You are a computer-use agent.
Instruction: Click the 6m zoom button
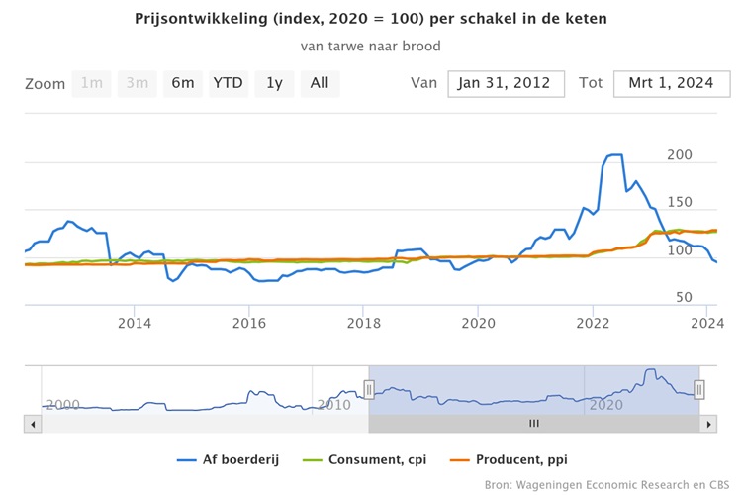pyautogui.click(x=183, y=83)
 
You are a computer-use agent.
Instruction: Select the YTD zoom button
pyautogui.click(x=229, y=83)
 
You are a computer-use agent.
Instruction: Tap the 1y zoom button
pyautogui.click(x=274, y=83)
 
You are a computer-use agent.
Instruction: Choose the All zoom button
pyautogui.click(x=320, y=83)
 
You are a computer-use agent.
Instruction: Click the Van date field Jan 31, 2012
pyautogui.click(x=506, y=83)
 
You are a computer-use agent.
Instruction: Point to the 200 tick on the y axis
pyautogui.click(x=679, y=155)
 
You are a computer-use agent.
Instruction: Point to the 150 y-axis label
pyautogui.click(x=679, y=204)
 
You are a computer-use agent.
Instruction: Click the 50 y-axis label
pyautogui.click(x=683, y=297)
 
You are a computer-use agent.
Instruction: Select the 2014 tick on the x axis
pyautogui.click(x=135, y=323)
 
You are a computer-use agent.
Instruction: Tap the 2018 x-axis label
pyautogui.click(x=364, y=323)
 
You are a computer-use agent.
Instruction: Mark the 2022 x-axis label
pyautogui.click(x=594, y=323)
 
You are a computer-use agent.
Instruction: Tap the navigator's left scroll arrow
pyautogui.click(x=33, y=424)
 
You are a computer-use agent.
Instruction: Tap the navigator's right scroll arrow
pyautogui.click(x=707, y=424)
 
